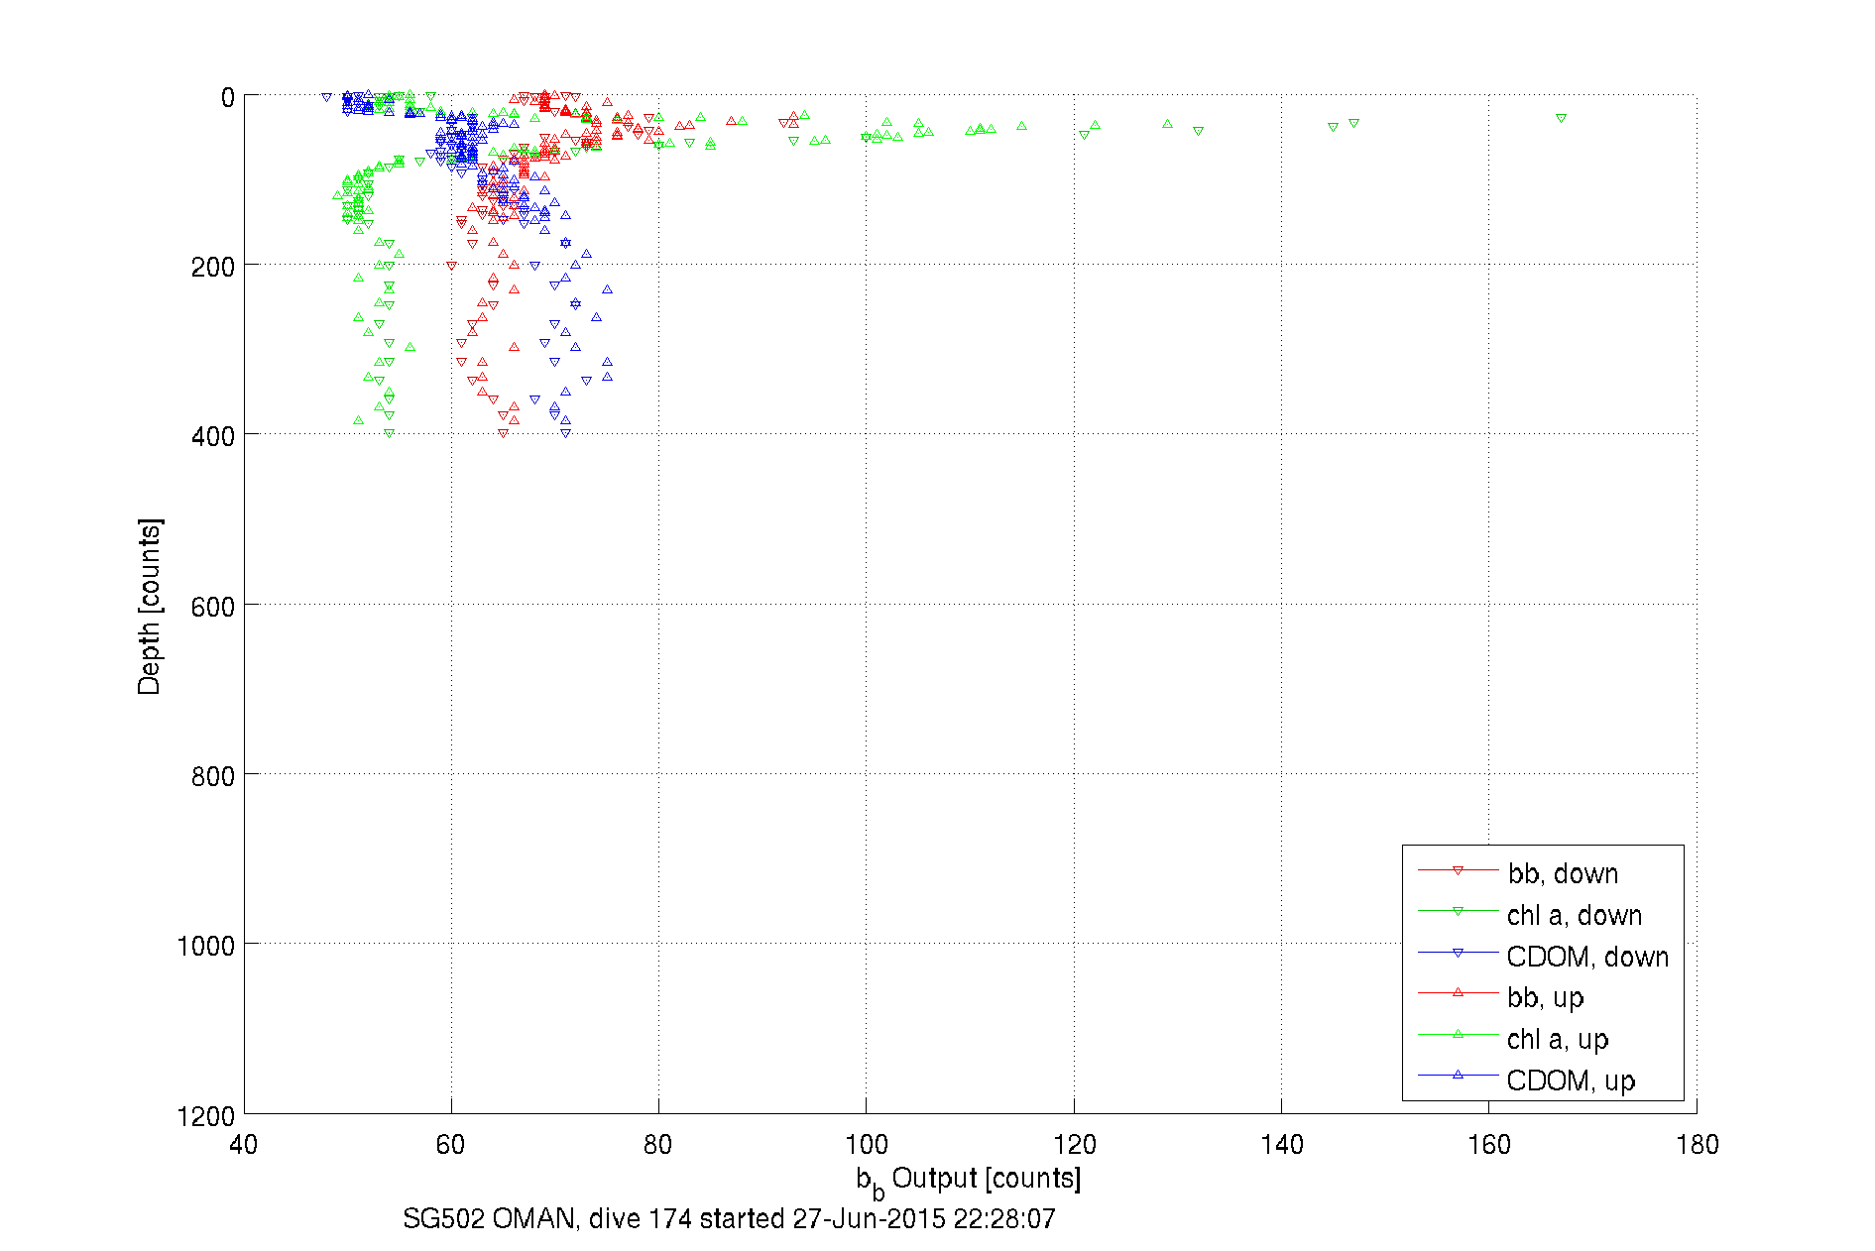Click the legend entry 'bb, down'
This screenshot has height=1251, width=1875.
pos(1563,873)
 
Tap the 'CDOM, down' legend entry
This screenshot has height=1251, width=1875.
pos(1586,957)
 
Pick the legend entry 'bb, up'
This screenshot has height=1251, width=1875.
pos(1545,997)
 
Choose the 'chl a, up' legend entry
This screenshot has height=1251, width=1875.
pos(1557,1039)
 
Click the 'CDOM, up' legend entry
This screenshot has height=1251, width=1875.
pos(1570,1080)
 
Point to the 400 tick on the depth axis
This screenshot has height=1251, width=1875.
pos(212,436)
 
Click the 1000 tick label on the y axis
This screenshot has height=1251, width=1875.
pos(205,946)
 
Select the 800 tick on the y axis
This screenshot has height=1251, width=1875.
pos(212,776)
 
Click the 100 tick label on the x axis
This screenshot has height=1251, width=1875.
pos(866,1145)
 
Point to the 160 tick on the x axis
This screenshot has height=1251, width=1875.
pos(1488,1145)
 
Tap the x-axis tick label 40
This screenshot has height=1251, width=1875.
pos(243,1145)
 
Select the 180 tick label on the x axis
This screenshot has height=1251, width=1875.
pos(1697,1145)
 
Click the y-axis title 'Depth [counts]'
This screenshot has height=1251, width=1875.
pos(149,606)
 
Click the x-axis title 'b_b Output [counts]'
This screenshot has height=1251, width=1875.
pos(969,1180)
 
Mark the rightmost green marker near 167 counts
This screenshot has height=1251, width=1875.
pos(1561,118)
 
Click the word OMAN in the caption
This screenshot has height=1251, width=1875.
pos(533,1218)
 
